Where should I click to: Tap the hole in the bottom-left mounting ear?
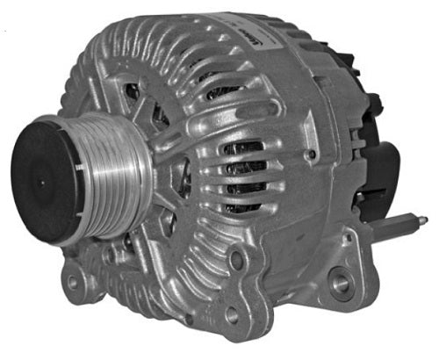coord(69,284)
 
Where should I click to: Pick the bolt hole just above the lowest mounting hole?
coord(236,262)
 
